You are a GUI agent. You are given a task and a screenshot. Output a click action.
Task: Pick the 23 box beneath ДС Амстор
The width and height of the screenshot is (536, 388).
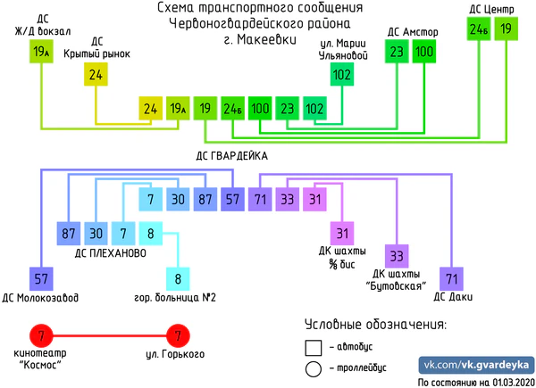(396, 52)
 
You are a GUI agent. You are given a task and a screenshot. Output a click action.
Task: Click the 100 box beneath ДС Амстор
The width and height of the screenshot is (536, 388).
(424, 52)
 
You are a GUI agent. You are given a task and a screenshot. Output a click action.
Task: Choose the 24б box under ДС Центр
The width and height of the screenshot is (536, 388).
(479, 29)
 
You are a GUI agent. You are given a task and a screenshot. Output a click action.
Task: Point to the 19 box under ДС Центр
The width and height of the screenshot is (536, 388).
(506, 29)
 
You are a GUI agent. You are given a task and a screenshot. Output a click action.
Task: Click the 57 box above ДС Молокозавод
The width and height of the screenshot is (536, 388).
(40, 278)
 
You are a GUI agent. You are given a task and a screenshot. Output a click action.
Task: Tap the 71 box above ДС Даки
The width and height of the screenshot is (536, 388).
(452, 278)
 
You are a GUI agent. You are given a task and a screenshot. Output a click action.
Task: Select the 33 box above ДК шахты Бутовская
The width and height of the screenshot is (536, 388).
(398, 256)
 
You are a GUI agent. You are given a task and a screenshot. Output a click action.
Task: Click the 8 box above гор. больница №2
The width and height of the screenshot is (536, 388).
(178, 278)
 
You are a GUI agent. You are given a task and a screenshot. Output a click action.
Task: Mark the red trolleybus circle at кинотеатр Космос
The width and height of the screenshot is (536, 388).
(40, 337)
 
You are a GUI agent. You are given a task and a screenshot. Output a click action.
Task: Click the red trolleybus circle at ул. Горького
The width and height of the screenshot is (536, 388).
(178, 337)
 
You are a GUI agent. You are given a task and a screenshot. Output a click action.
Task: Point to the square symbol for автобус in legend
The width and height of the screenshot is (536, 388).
(313, 347)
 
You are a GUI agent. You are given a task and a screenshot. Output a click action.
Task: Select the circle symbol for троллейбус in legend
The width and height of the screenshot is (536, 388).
(313, 367)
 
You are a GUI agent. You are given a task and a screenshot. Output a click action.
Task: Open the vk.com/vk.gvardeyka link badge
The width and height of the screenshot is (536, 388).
(477, 367)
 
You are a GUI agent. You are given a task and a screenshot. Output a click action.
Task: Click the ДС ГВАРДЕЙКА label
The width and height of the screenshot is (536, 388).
(226, 154)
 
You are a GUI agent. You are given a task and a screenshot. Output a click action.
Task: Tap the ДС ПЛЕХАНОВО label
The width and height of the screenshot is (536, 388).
(111, 253)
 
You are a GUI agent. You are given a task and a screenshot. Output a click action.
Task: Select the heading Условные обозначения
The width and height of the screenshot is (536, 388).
(375, 324)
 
